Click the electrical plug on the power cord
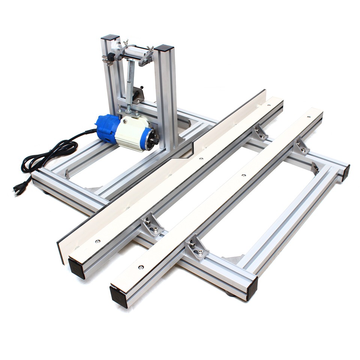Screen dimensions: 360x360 (19, 187)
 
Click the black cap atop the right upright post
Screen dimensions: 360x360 (164, 48)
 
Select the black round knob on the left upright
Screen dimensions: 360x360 (111, 57)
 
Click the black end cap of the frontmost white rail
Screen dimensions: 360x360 (118, 296)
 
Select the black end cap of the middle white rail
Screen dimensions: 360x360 (77, 268)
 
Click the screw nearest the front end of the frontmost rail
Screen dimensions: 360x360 (141, 267)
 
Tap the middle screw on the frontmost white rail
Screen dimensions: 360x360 (243, 175)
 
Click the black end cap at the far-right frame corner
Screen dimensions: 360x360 (345, 173)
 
